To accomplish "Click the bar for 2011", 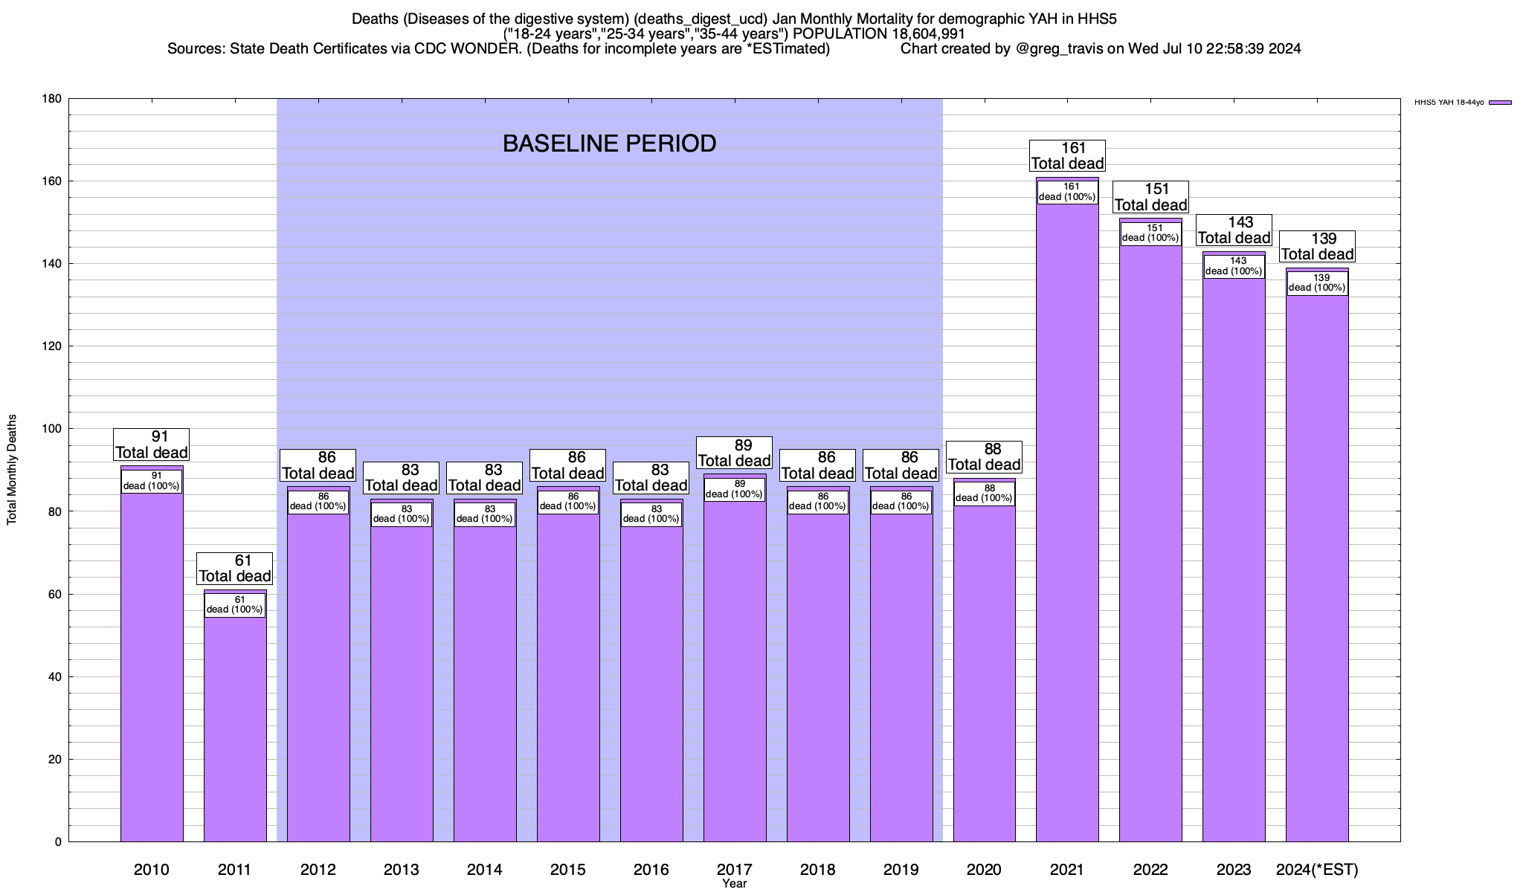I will point(235,728).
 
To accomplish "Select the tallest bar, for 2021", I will point(1067,520).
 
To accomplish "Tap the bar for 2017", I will point(735,669).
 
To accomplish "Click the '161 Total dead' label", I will point(1067,156).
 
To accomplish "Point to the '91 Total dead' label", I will point(152,445).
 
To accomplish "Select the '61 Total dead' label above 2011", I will point(235,569).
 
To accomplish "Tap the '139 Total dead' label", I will point(1317,246).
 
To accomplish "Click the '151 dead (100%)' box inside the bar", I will point(1150,233).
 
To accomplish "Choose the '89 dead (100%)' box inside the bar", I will point(735,489).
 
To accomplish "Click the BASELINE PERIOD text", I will point(610,143).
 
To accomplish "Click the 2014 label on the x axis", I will point(485,870).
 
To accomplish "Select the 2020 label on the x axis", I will point(984,870).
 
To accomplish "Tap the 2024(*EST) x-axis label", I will point(1317,870).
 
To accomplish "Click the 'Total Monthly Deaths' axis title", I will point(12,470).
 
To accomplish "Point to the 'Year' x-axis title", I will point(735,884).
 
